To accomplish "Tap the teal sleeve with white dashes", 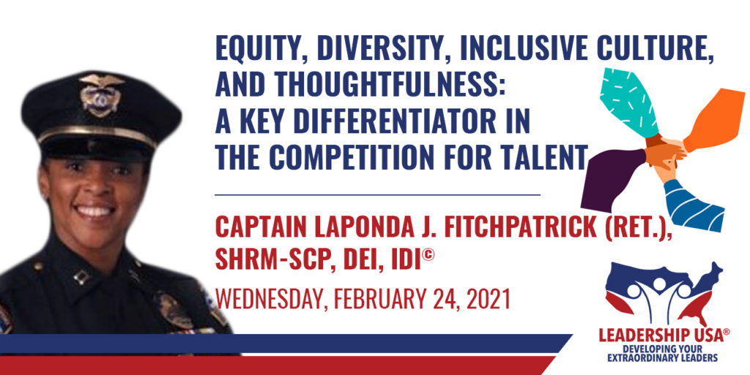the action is (x=628, y=101).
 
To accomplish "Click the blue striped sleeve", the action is (x=694, y=206).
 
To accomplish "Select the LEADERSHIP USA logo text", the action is (x=664, y=335).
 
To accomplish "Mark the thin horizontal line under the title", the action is (x=377, y=195).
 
